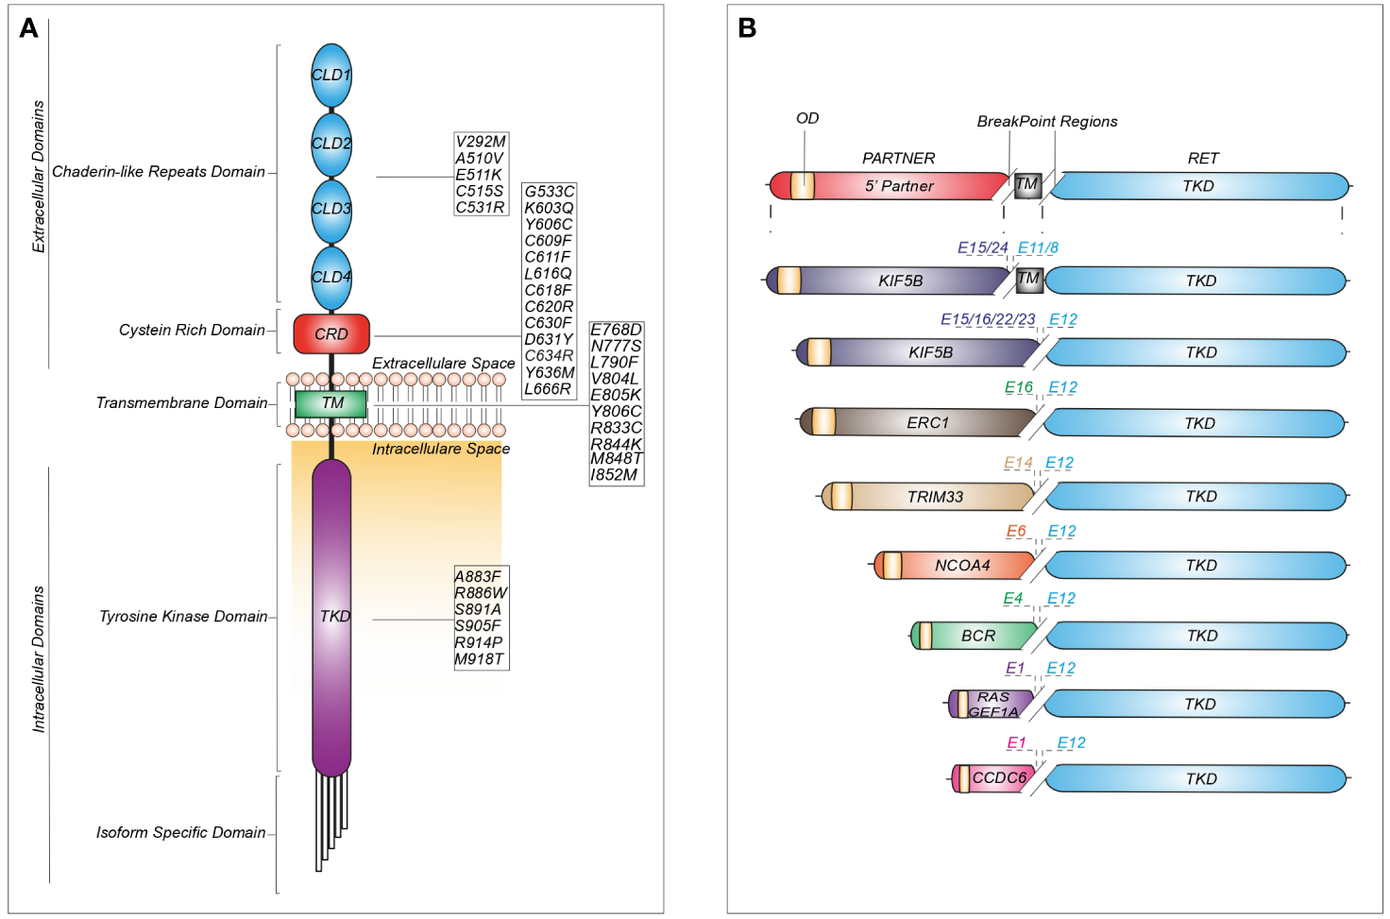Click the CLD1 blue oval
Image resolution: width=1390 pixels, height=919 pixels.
[331, 75]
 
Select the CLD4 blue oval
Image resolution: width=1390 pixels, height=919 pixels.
[331, 277]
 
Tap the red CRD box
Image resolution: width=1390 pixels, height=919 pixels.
[331, 333]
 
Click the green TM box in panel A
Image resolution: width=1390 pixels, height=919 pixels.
[331, 403]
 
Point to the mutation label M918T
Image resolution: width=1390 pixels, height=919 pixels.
[480, 659]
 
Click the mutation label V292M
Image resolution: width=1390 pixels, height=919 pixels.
[481, 142]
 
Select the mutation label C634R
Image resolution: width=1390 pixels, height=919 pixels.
[549, 356]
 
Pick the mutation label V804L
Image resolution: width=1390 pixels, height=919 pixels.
[614, 379]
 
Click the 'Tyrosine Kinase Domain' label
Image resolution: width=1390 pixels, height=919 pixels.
[183, 617]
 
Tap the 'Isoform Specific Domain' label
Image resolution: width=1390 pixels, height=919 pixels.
[180, 832]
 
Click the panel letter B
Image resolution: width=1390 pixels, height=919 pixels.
[747, 28]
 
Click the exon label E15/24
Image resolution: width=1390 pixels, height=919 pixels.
[982, 247]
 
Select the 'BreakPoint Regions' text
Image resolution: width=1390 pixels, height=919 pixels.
[1046, 122]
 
